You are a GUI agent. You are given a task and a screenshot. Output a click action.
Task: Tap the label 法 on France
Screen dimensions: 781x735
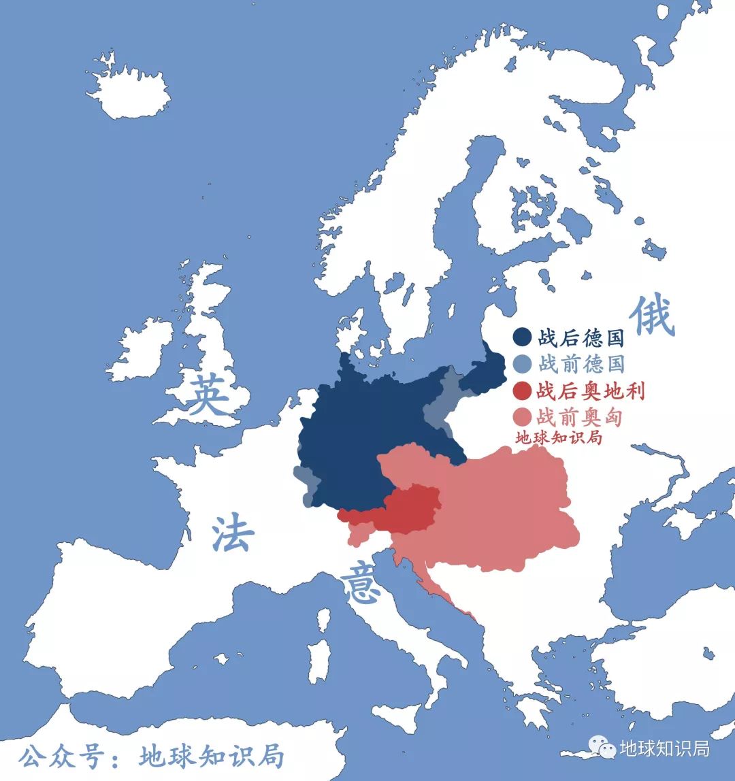click(x=233, y=535)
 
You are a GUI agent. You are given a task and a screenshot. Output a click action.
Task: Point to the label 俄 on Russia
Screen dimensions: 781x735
click(x=652, y=317)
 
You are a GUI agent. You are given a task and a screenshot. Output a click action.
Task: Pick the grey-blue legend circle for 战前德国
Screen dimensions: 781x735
click(x=522, y=364)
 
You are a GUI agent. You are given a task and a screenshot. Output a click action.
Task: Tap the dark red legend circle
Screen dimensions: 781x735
click(x=522, y=391)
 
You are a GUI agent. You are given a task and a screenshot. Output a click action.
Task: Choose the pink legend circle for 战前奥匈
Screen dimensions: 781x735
click(x=522, y=417)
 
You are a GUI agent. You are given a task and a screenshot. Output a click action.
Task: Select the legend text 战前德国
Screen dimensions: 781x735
click(x=581, y=364)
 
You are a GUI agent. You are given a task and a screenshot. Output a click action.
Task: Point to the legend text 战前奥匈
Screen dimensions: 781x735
click(x=581, y=417)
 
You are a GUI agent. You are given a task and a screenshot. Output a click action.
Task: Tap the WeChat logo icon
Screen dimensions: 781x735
click(x=602, y=748)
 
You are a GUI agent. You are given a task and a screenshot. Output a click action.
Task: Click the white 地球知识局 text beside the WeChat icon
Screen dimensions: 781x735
click(x=664, y=748)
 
